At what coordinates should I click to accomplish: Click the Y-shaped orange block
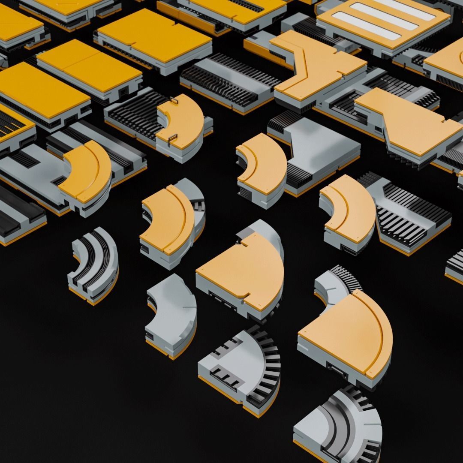click(317, 69)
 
